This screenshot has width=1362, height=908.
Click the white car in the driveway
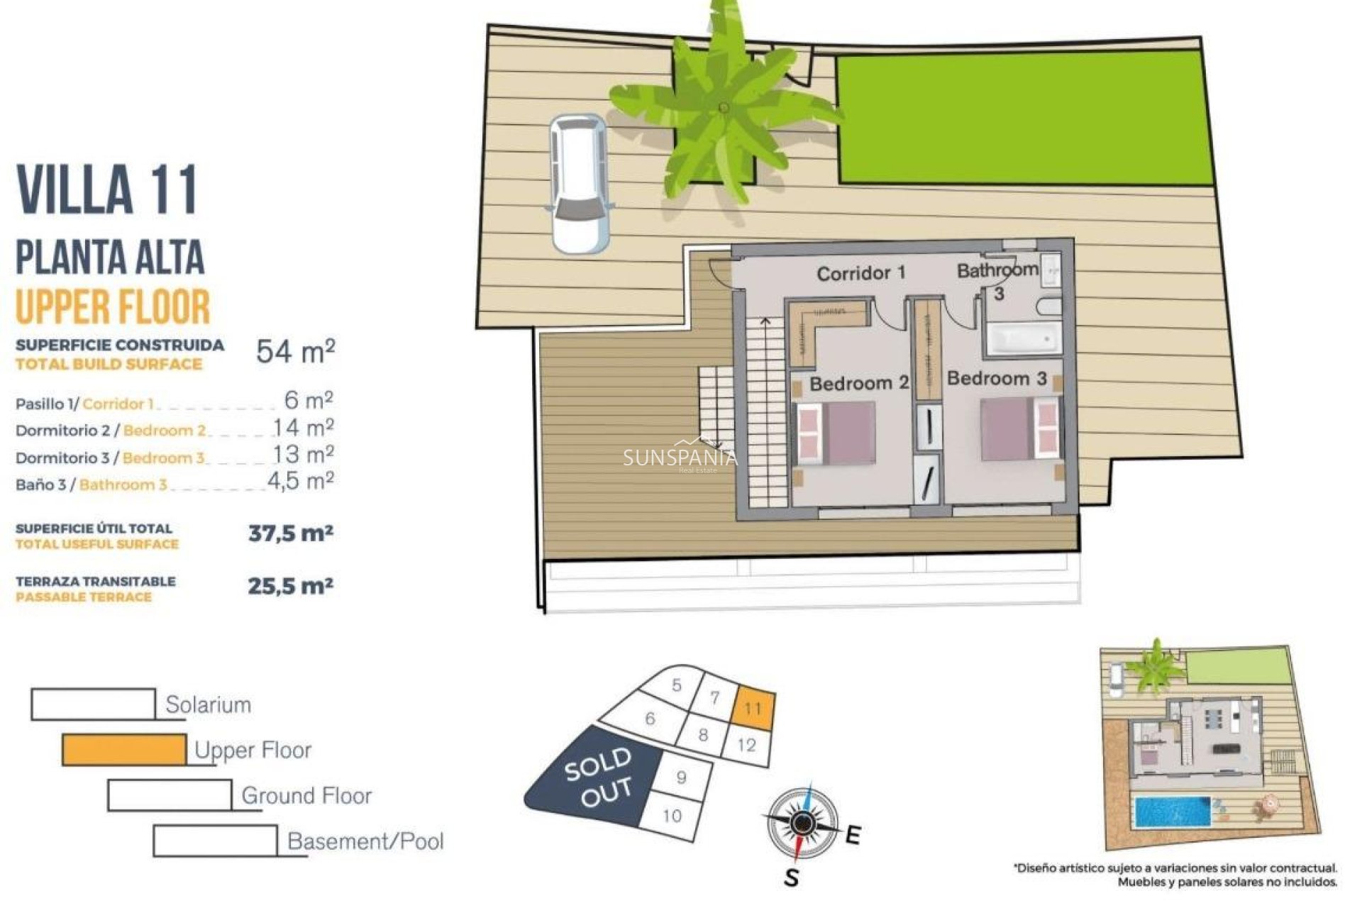pyautogui.click(x=580, y=184)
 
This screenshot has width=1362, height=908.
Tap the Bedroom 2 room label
pyautogui.click(x=858, y=384)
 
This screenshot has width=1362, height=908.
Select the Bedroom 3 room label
pyautogui.click(x=997, y=379)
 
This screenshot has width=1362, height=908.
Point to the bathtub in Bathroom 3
pyautogui.click(x=1022, y=339)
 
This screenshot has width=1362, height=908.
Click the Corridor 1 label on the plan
pyautogui.click(x=860, y=273)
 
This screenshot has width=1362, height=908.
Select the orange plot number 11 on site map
pyautogui.click(x=753, y=708)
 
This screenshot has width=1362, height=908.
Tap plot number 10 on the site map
pyautogui.click(x=671, y=816)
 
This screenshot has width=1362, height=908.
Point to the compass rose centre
pyautogui.click(x=802, y=824)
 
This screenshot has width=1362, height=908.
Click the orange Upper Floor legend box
pyautogui.click(x=124, y=750)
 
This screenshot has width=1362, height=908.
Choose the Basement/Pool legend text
pyautogui.click(x=365, y=841)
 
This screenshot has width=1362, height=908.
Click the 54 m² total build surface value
pyautogui.click(x=295, y=351)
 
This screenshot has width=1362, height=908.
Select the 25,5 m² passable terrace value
pyautogui.click(x=290, y=587)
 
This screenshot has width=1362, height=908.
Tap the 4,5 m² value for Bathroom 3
pyautogui.click(x=300, y=482)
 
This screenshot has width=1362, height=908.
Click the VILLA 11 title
pyautogui.click(x=106, y=190)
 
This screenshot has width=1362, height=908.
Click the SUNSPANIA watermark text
pyautogui.click(x=680, y=458)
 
